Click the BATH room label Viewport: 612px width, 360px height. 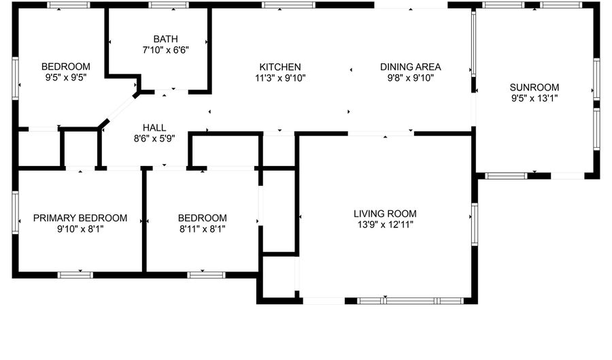(x=165, y=39)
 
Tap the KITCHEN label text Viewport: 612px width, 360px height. (x=280, y=67)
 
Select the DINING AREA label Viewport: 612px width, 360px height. (x=411, y=67)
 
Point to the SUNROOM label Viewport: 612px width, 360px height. (x=534, y=88)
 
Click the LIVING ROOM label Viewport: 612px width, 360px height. (x=386, y=214)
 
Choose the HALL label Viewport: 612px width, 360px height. (x=154, y=128)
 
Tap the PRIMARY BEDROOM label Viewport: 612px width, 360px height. (x=80, y=218)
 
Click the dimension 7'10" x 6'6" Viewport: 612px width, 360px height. (x=165, y=50)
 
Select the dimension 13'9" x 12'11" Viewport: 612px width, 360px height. (x=386, y=225)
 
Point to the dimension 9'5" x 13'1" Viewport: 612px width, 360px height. (x=534, y=99)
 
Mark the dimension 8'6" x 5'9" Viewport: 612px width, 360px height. (x=154, y=139)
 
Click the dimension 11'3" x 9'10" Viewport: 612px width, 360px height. (x=280, y=78)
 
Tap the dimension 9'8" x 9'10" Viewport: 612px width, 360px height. (x=411, y=78)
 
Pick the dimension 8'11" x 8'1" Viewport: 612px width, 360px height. (x=202, y=229)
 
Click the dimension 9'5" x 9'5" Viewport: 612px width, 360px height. (x=65, y=78)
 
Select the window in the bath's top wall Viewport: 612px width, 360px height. (x=169, y=5)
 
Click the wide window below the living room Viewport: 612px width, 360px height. (x=410, y=301)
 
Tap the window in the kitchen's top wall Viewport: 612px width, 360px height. (x=288, y=5)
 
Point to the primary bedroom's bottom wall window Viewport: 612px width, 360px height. (x=75, y=275)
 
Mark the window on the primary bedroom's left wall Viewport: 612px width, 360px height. (x=16, y=212)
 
